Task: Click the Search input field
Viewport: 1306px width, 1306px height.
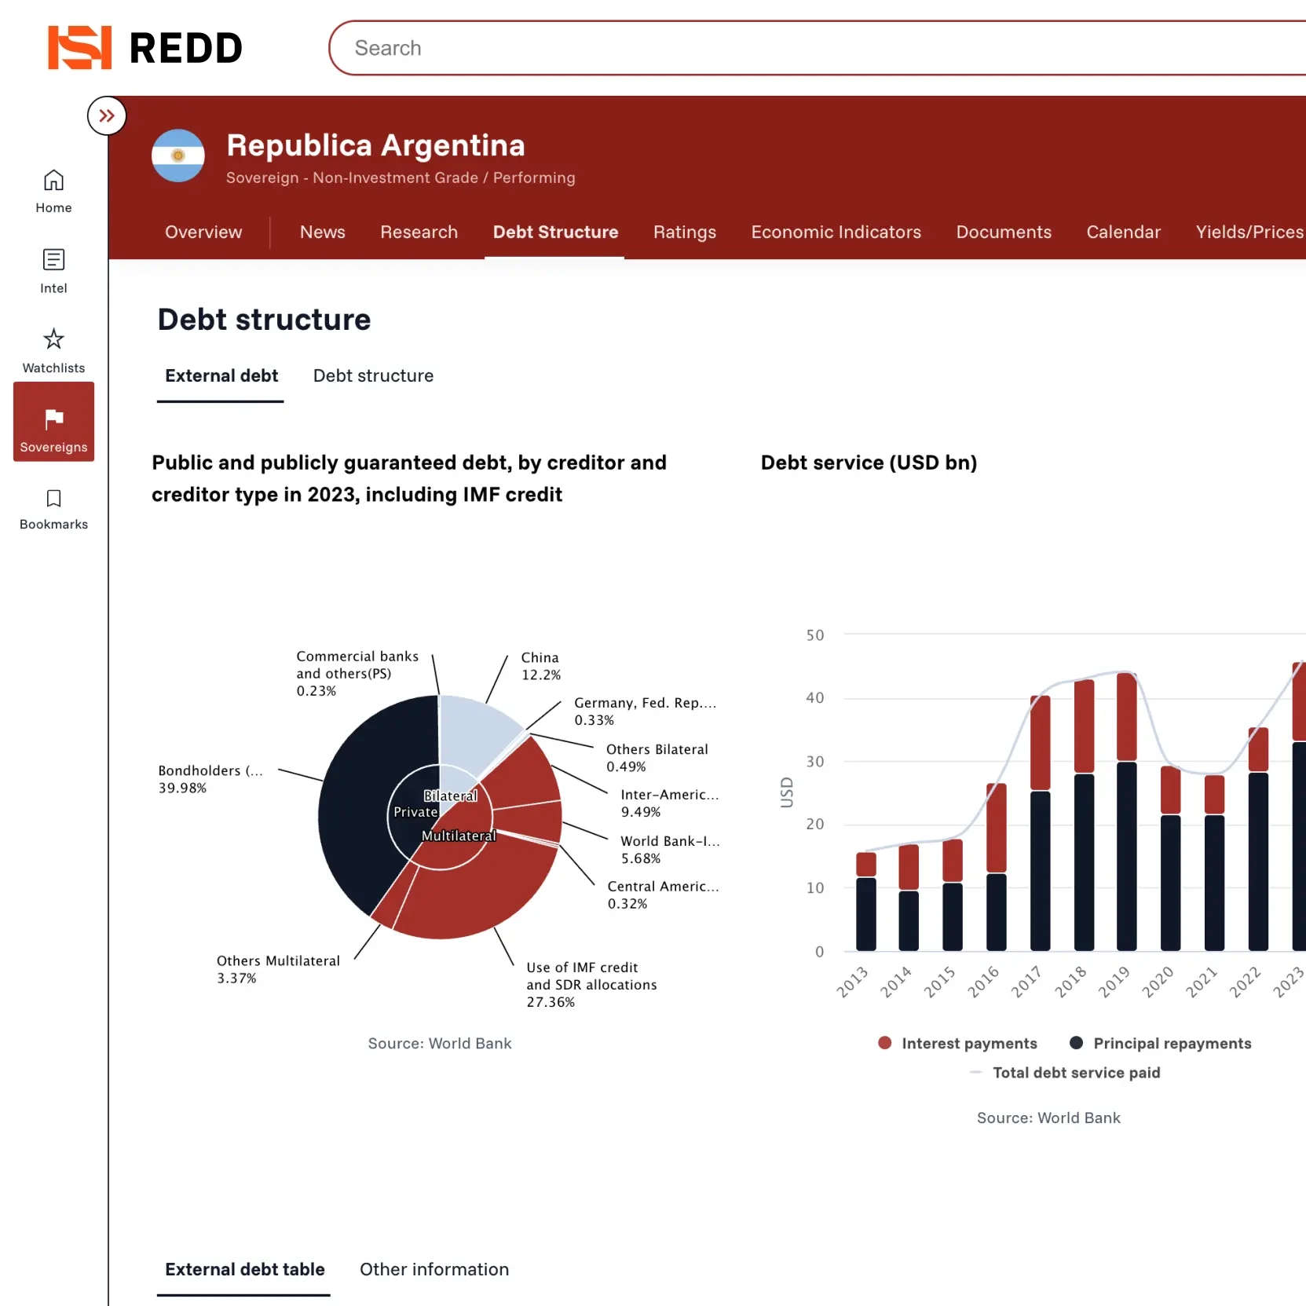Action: coord(785,48)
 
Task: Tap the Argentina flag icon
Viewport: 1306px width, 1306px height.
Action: coord(178,155)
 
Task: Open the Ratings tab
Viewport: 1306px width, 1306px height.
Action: coord(684,232)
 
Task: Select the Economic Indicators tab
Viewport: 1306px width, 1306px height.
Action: coord(836,232)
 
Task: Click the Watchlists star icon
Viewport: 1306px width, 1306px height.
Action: coord(53,339)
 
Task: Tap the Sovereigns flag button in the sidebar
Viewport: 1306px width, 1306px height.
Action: coord(53,422)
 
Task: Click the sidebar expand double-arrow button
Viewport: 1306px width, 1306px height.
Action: coord(107,116)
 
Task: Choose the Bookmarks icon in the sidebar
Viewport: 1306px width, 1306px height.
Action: coord(53,499)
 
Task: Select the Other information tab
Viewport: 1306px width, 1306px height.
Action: coord(434,1269)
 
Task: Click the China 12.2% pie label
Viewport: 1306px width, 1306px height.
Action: coord(540,666)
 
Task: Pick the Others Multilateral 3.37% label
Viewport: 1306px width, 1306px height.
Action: coord(278,969)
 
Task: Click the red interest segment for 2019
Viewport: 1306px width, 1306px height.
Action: coord(1127,717)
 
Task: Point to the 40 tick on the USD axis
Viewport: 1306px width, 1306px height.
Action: coord(815,698)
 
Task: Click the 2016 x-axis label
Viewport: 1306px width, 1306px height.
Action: coord(983,982)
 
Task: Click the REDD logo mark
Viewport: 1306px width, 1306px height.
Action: coord(79,48)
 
